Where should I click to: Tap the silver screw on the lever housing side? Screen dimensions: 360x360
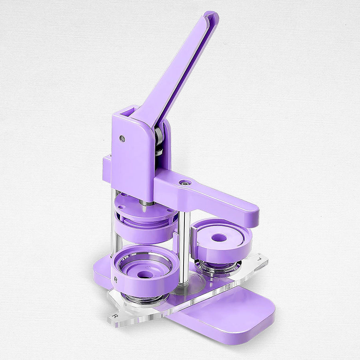(x=122, y=139)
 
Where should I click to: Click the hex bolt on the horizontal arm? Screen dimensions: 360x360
(x=185, y=183)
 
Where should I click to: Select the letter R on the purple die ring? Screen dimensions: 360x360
(x=116, y=280)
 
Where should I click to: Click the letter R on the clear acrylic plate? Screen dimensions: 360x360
(x=115, y=316)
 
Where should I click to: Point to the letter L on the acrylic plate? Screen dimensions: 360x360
(x=259, y=259)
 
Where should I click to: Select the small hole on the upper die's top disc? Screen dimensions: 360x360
(x=122, y=196)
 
